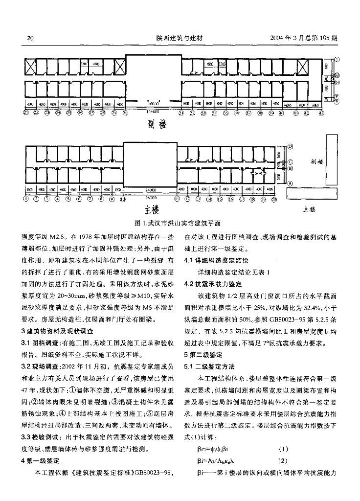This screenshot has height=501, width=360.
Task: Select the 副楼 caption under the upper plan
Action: coord(157,125)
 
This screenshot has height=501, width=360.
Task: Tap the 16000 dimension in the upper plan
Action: coord(154,104)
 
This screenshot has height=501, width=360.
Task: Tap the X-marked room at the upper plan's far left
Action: coord(31,68)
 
